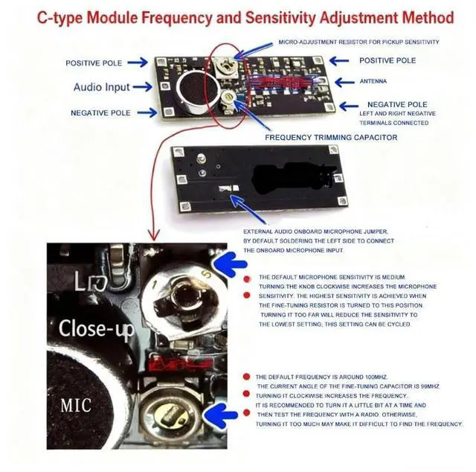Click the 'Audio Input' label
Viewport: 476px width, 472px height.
tap(101, 87)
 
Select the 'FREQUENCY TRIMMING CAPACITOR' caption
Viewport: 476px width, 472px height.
tap(331, 138)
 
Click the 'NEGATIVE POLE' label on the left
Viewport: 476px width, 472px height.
tap(100, 113)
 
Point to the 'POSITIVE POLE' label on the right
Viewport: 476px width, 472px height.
tap(387, 60)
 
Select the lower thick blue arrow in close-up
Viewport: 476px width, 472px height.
tap(228, 415)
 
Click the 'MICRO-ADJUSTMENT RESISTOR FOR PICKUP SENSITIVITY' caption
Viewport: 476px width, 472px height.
tap(358, 42)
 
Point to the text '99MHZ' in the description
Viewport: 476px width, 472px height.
tap(425, 386)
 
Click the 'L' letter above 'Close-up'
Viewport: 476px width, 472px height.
tap(81, 282)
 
